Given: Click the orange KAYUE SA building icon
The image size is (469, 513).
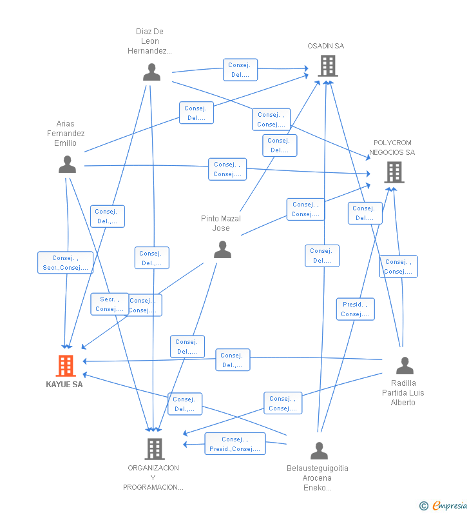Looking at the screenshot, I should (65, 366).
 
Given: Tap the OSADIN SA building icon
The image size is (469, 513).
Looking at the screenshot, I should (327, 66).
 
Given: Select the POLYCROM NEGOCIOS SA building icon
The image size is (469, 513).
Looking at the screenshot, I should (394, 172).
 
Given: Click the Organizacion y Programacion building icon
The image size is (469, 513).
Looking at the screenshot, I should (154, 448).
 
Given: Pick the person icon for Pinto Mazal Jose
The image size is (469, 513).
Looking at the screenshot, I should (222, 249).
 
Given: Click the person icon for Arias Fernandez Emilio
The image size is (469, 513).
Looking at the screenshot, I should (67, 165).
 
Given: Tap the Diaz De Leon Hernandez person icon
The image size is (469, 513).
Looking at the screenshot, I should (151, 72).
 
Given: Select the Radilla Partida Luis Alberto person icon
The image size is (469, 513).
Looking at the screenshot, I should (404, 365).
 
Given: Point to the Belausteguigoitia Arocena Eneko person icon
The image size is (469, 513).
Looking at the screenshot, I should (319, 450).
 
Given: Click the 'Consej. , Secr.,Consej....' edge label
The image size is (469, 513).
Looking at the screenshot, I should (65, 263).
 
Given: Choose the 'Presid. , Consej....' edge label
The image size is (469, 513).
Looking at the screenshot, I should (355, 309).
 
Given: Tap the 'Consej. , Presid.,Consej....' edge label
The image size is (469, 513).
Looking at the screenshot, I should (235, 444).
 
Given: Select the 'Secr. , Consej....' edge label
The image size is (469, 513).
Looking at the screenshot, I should (110, 304).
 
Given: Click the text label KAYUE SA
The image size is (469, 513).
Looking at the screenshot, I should (64, 385).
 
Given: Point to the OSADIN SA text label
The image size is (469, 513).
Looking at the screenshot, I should (325, 46).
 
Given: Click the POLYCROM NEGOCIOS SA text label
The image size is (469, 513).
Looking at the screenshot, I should (392, 148).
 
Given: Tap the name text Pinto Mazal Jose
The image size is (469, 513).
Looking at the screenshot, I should (221, 223).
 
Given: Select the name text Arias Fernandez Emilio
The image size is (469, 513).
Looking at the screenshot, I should (66, 134).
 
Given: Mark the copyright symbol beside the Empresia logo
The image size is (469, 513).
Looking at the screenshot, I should (423, 506).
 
